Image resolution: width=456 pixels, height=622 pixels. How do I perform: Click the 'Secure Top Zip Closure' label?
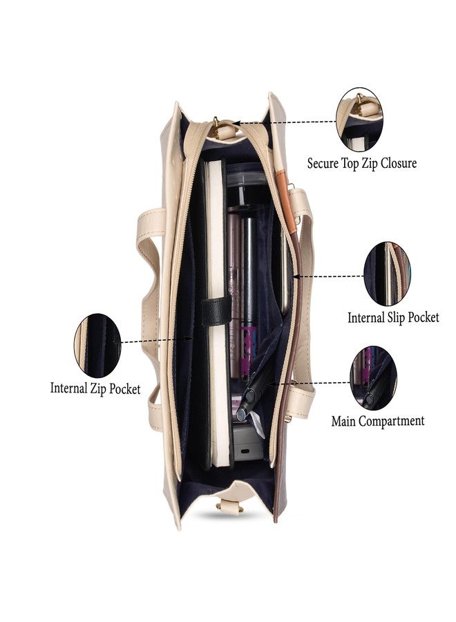[361, 163]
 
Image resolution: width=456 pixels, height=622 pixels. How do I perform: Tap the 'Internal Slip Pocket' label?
[393, 317]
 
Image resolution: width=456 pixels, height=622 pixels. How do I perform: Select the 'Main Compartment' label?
[377, 421]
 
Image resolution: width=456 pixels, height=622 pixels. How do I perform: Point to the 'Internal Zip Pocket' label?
[95, 388]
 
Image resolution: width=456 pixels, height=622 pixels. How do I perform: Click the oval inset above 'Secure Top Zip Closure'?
[360, 120]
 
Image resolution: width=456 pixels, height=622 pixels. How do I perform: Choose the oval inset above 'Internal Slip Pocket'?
[387, 274]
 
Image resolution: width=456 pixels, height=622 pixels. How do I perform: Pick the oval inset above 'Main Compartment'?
[373, 377]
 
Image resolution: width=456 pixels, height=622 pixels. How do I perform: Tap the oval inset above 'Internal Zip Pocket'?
[97, 346]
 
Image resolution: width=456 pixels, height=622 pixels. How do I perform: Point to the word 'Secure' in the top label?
[323, 163]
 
